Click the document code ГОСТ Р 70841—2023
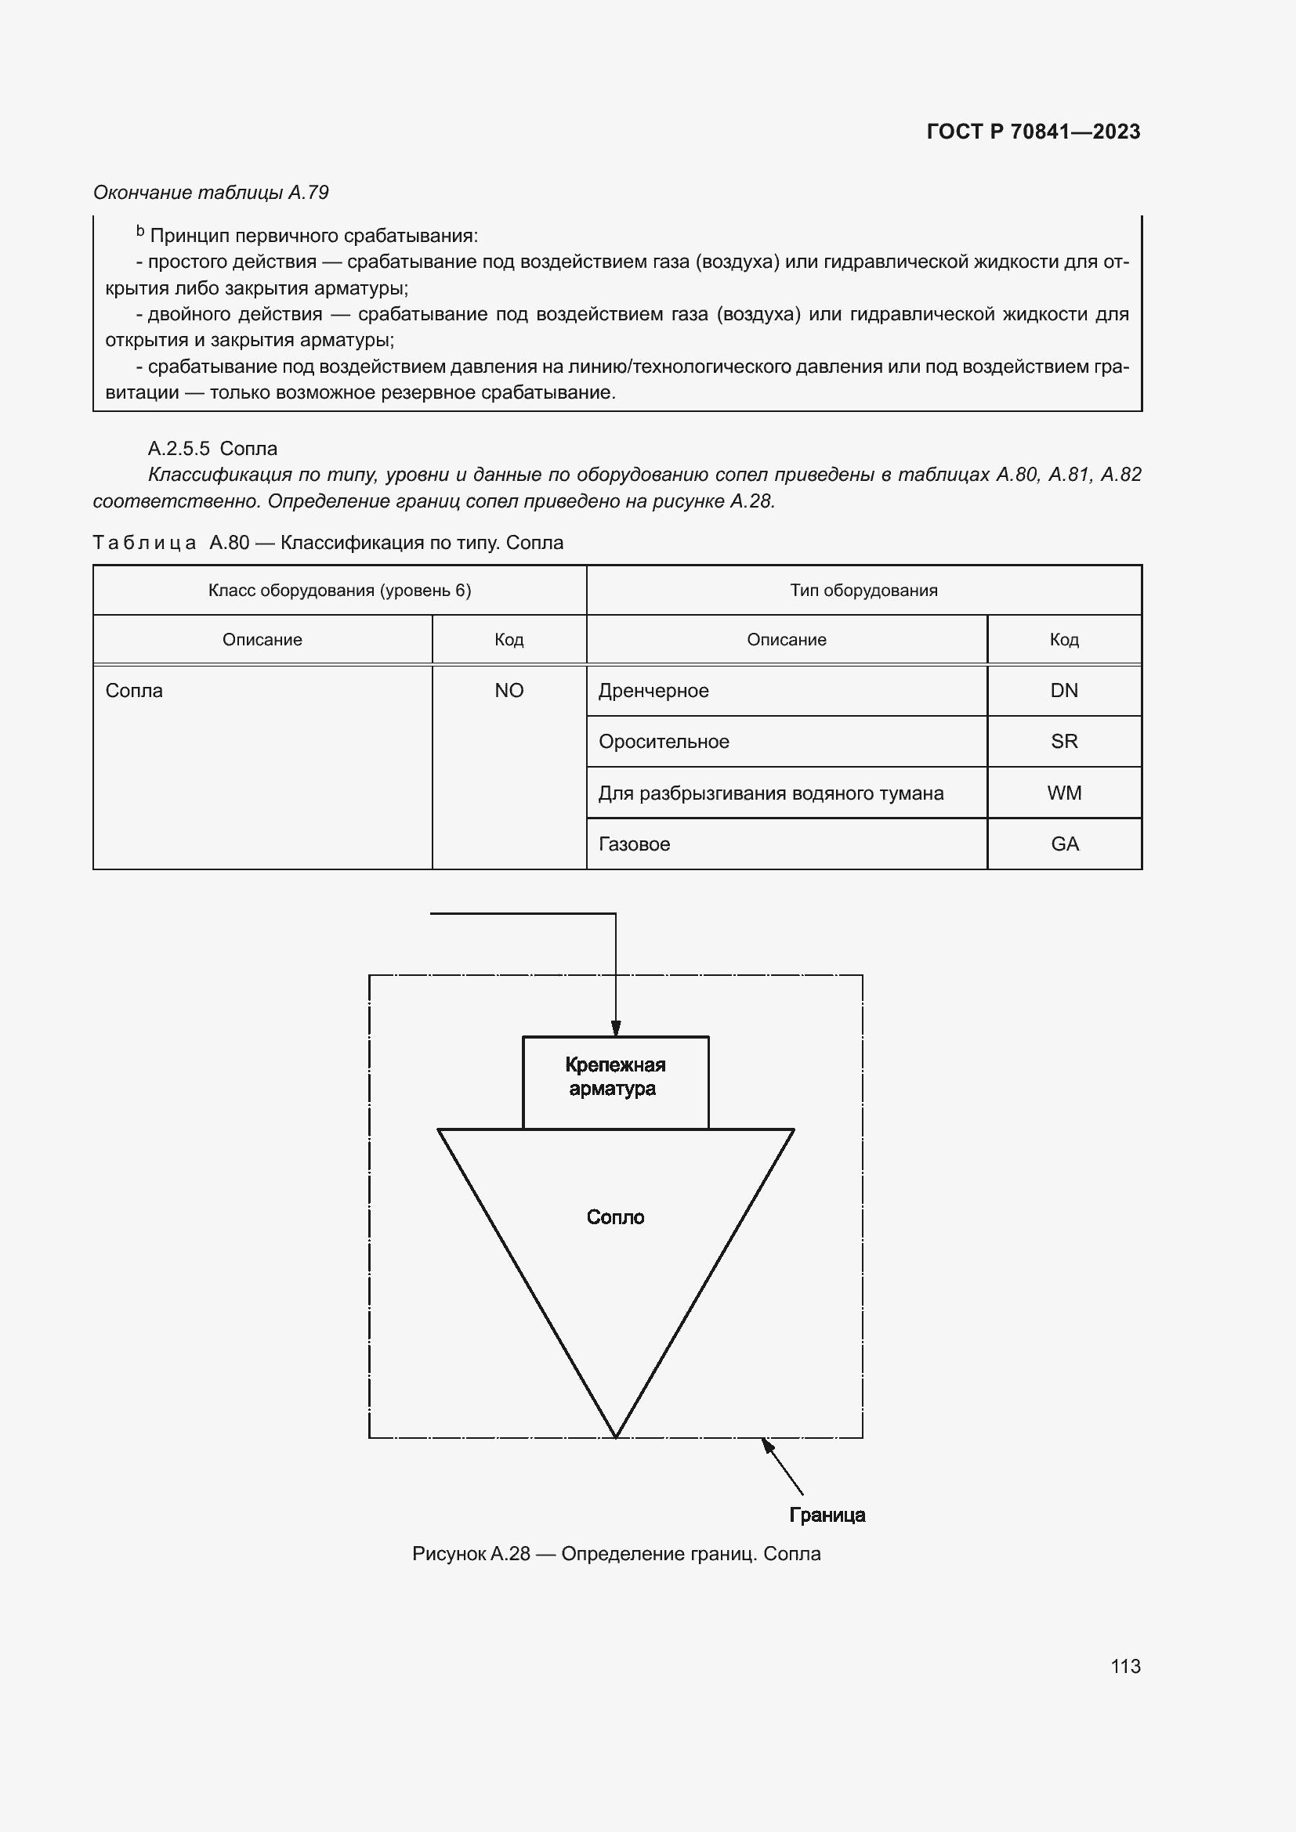coord(1033,132)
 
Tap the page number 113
coord(1124,1666)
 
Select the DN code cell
coord(1064,691)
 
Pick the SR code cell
coord(1064,742)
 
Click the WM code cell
coord(1064,793)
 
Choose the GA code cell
coord(1064,844)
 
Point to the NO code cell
coord(509,691)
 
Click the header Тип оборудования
coord(863,591)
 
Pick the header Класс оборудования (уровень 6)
coord(339,591)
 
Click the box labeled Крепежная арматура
coord(615,1081)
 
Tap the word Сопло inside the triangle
coord(615,1217)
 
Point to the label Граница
coord(827,1515)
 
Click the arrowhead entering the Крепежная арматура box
coord(615,1029)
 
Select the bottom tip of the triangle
coord(615,1436)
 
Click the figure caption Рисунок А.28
coord(615,1553)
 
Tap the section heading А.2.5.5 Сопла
coord(212,449)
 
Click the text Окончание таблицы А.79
coord(211,193)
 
